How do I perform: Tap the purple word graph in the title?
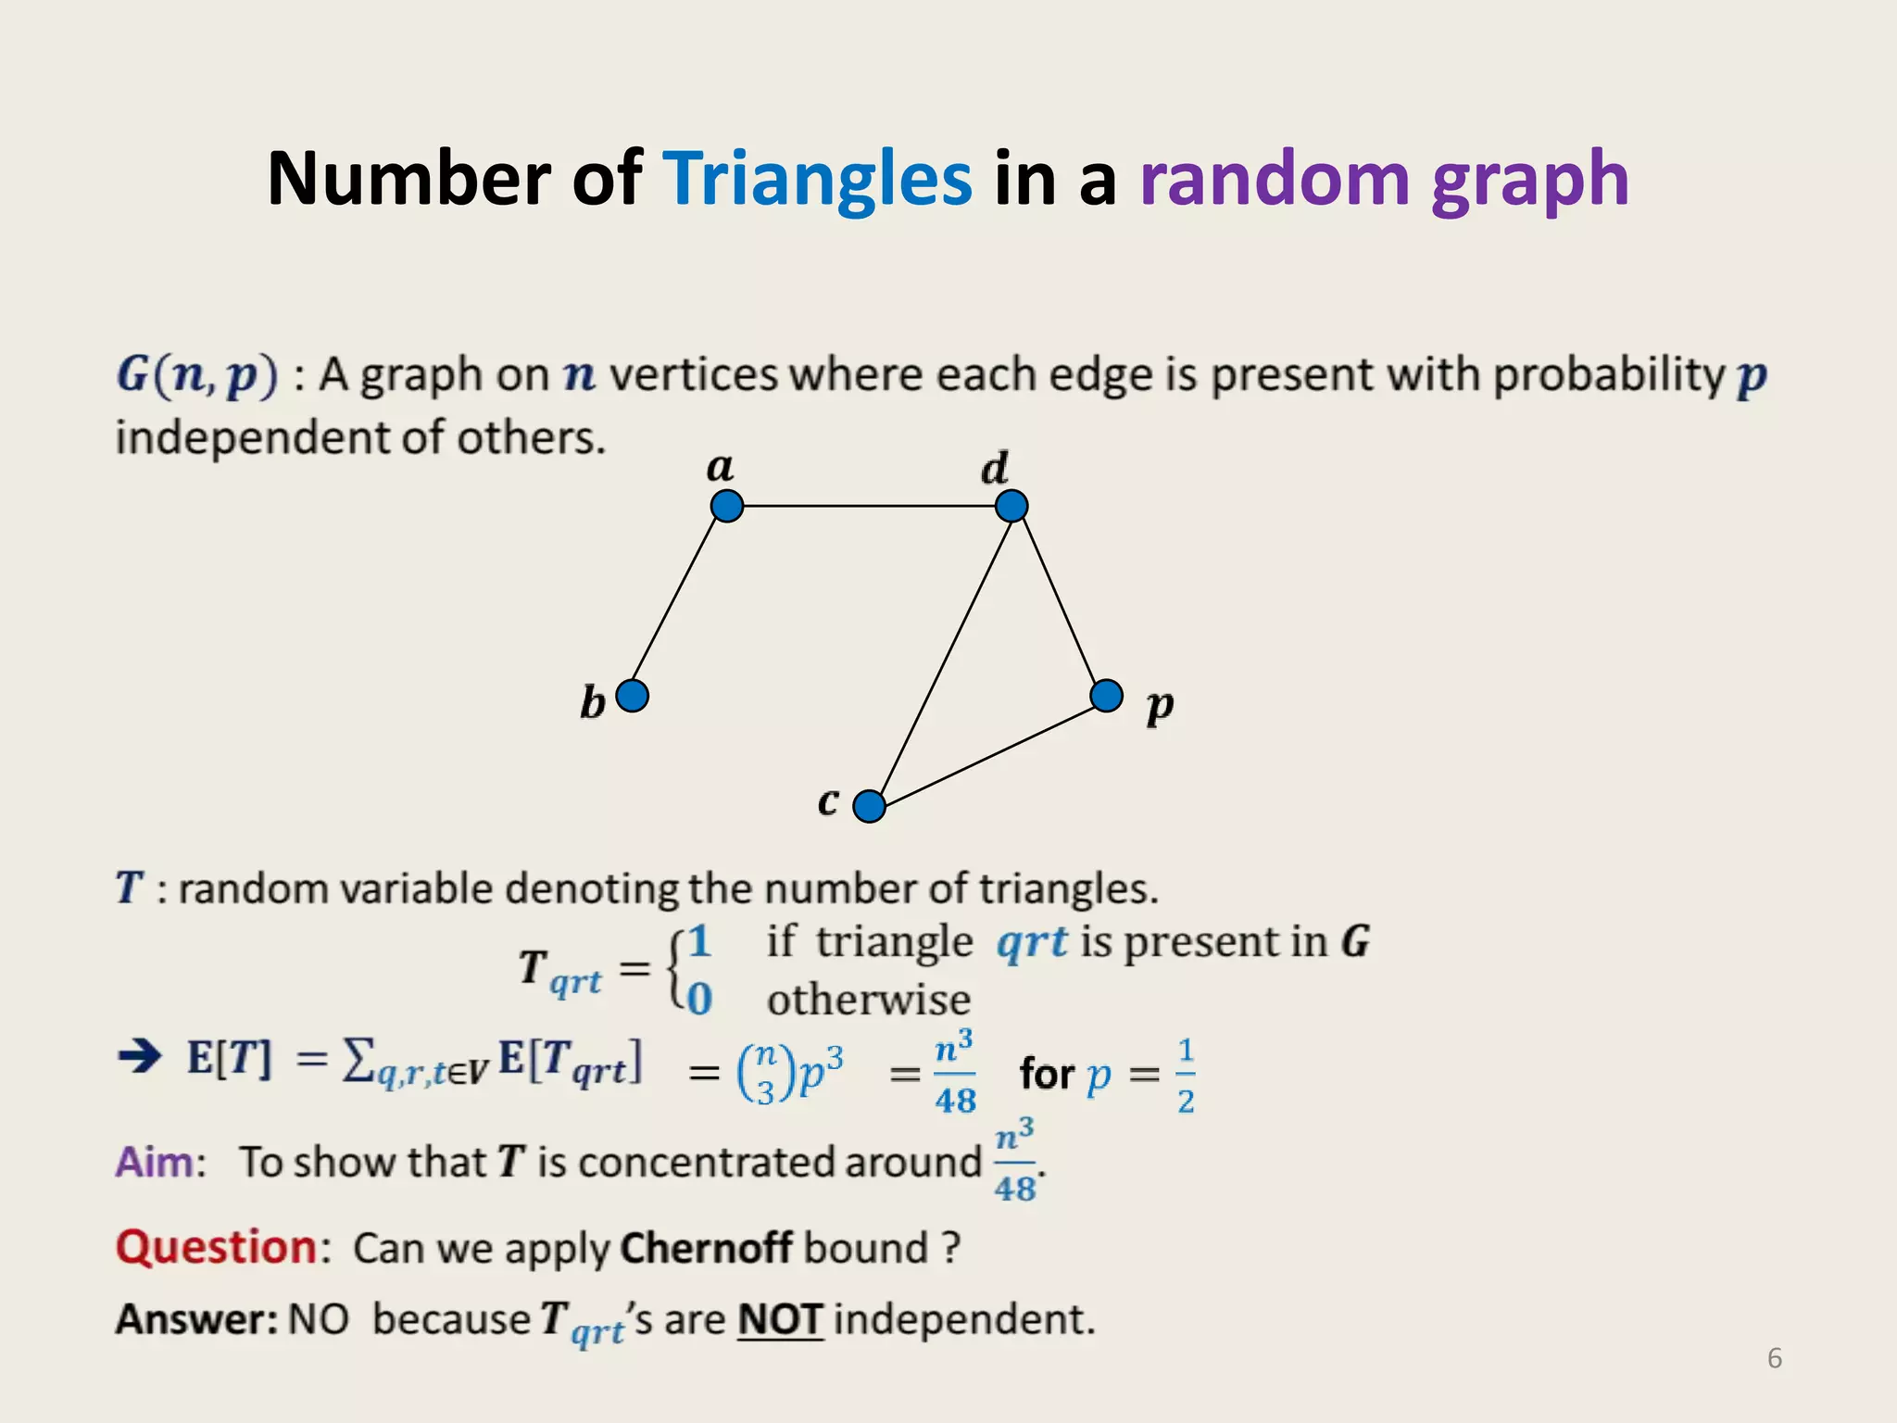point(1529,181)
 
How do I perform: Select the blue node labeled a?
point(727,506)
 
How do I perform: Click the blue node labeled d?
point(1011,506)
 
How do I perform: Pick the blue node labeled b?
point(633,695)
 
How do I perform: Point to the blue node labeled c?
point(869,806)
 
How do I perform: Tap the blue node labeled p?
point(1107,695)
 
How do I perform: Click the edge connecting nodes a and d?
point(869,506)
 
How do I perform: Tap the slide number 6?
point(1775,1358)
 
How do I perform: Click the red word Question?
point(217,1247)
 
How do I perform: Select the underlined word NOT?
point(780,1319)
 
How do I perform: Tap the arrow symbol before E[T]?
point(141,1056)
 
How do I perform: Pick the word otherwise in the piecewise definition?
point(869,1000)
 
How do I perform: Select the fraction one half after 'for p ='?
point(1186,1075)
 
